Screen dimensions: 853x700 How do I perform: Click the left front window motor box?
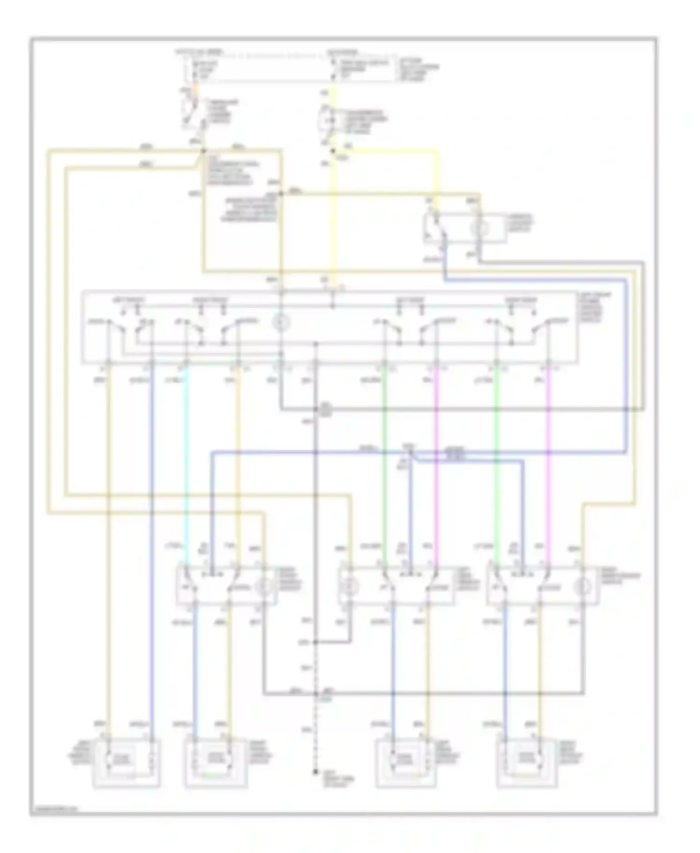tap(126, 762)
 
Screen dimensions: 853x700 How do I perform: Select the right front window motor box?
tap(216, 762)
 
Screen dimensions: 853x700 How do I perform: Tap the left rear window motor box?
tap(405, 762)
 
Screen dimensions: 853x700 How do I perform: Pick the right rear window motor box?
tap(527, 762)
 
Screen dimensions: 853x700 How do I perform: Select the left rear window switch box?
tap(396, 586)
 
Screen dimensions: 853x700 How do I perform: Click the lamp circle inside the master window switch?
tap(281, 322)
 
